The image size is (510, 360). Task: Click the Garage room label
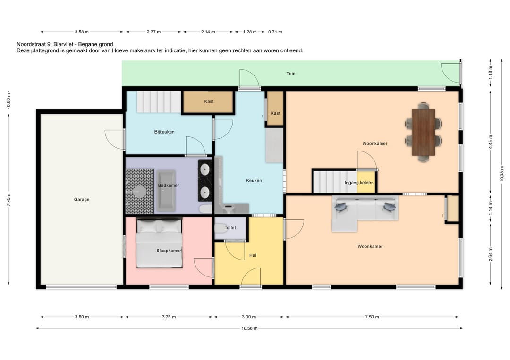coord(82,200)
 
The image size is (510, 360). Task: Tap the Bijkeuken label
coord(164,132)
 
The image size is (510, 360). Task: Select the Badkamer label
coord(169,185)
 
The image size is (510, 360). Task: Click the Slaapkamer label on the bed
coord(169,251)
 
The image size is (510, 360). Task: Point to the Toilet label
coord(230,228)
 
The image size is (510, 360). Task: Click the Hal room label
coord(253,255)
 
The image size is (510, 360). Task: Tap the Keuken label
coord(254,180)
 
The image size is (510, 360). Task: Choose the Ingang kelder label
coord(358,183)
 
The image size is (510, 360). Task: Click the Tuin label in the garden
coord(291,74)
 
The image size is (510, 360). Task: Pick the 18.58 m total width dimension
coord(249,328)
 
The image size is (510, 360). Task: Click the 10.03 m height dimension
coord(501,174)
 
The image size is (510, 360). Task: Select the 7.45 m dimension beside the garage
coord(8,199)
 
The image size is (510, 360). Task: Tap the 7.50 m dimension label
coord(372,317)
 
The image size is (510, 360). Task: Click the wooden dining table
coord(423,132)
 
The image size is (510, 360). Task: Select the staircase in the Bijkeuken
coord(159,102)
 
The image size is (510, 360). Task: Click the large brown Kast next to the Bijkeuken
coord(209,102)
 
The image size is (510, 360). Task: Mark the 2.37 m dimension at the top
coord(153,32)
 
